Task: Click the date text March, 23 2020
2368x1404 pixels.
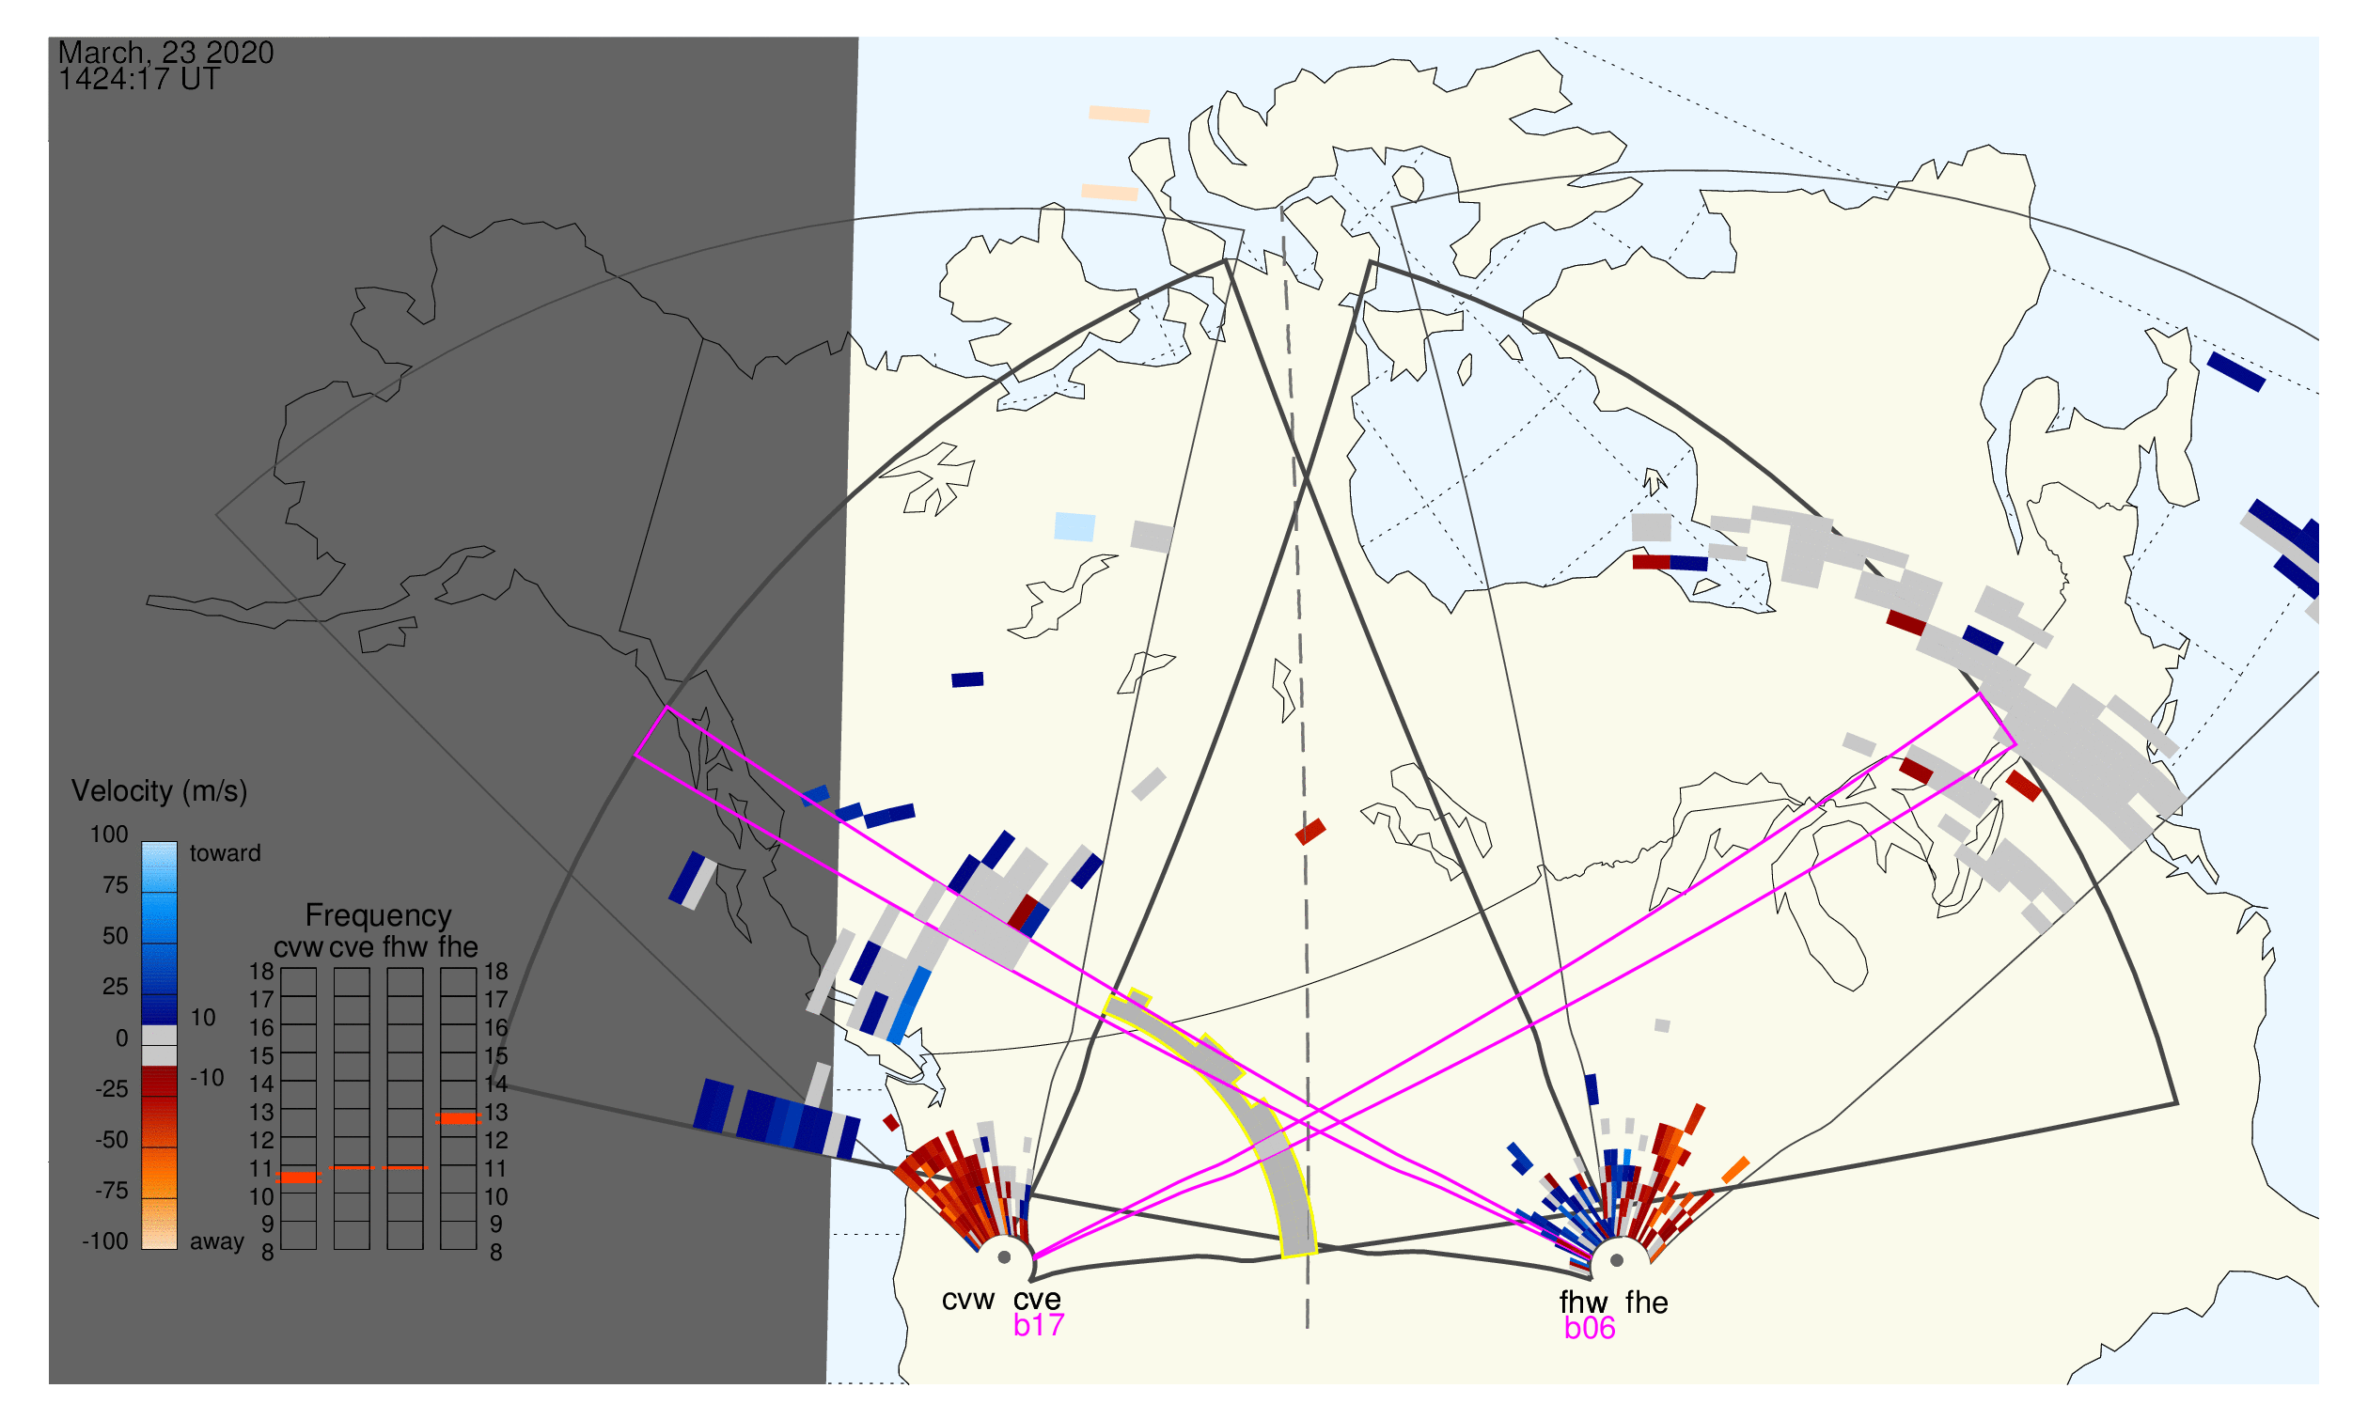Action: (x=165, y=52)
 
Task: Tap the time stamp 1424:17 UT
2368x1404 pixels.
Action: (x=139, y=79)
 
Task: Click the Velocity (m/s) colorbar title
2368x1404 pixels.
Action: (x=160, y=792)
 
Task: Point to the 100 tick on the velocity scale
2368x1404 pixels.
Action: (x=109, y=835)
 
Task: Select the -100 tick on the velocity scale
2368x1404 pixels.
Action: (x=105, y=1241)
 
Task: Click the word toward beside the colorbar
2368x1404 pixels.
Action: (x=226, y=853)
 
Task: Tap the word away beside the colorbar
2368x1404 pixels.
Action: (x=217, y=1242)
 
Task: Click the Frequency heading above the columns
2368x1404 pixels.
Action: (x=379, y=916)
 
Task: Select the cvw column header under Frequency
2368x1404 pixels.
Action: (x=298, y=948)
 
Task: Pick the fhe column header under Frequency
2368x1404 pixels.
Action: (x=458, y=948)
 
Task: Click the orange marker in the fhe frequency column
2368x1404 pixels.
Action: (x=458, y=1119)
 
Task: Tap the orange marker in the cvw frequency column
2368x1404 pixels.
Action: (x=299, y=1178)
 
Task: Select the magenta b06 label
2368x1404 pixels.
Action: (x=1590, y=1329)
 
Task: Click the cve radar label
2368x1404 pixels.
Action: (x=1037, y=1301)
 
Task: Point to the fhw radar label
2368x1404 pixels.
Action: (x=1583, y=1303)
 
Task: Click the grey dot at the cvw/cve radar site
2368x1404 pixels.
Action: (x=1004, y=1258)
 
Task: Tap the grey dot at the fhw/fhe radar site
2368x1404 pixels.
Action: (x=1618, y=1261)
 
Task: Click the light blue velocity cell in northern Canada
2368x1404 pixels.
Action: (x=1075, y=527)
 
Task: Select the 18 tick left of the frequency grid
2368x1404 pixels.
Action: (x=261, y=972)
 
